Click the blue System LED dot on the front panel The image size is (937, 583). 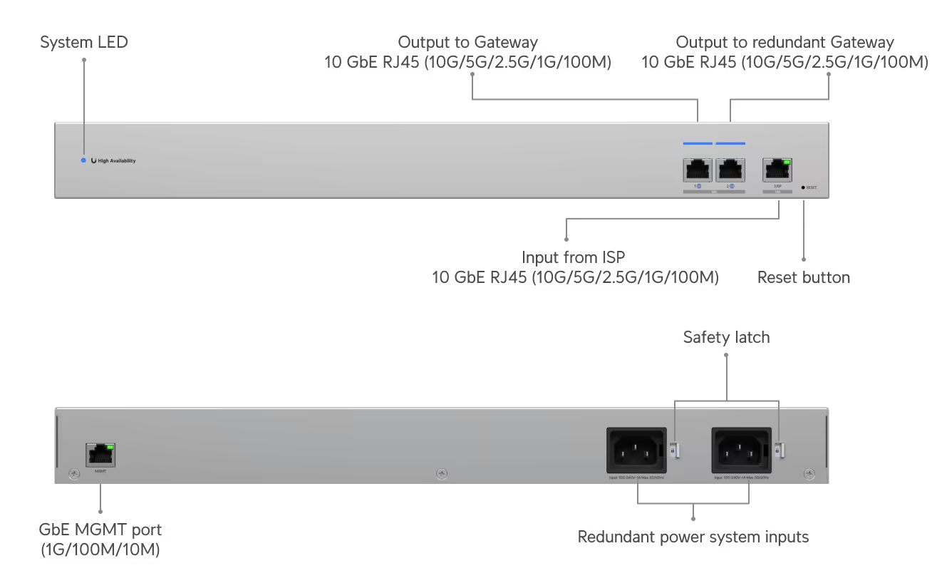pos(83,160)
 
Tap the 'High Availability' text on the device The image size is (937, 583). pos(117,161)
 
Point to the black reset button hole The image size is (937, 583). pos(803,187)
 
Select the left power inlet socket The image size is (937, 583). pos(636,450)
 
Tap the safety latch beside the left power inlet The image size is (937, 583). pos(675,450)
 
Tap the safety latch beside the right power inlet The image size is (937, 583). pos(780,450)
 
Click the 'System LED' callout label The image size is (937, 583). pos(84,43)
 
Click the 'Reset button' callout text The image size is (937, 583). pos(803,278)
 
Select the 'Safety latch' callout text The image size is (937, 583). pos(726,337)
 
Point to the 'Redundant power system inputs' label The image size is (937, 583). pos(693,537)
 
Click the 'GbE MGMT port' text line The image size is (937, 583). pos(100,530)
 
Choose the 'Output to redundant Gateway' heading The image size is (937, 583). pos(784,43)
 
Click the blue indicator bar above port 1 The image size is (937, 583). pos(698,143)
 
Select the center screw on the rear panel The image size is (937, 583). pos(442,473)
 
